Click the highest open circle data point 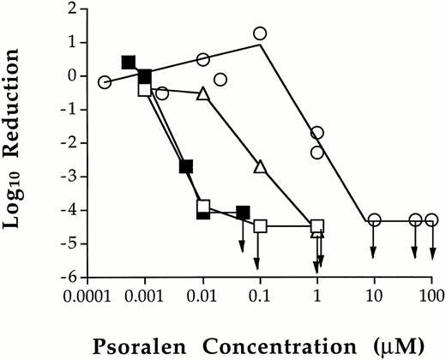(260, 33)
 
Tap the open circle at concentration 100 (432, 220)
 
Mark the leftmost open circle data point (105, 82)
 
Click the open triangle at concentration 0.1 (260, 167)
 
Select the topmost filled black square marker (129, 62)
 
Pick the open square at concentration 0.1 (261, 226)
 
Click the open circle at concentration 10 (375, 220)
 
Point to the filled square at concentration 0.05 (243, 213)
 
